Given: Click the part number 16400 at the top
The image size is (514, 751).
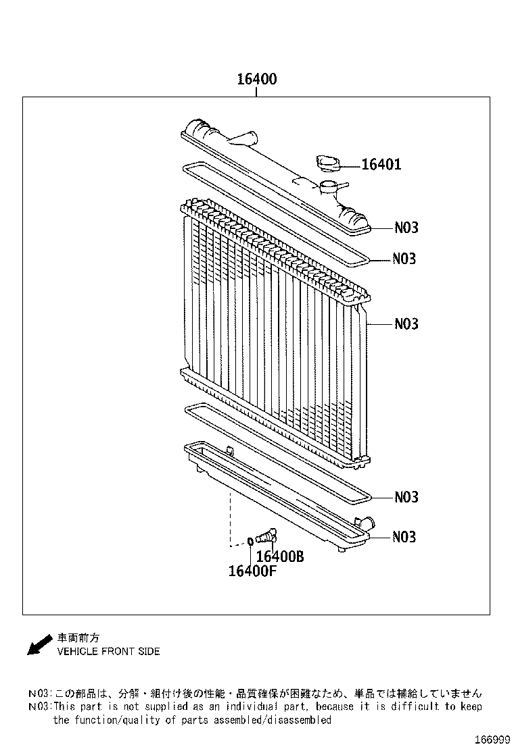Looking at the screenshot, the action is pos(257,79).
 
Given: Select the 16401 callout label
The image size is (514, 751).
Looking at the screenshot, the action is pos(381,164).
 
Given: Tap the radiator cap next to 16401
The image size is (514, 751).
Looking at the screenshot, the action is pos(329,162).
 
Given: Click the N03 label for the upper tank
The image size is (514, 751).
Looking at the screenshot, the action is pos(406,227).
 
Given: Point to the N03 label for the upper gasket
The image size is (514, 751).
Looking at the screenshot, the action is pos(404,259).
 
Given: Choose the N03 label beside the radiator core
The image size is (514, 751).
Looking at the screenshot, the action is pos(406,323).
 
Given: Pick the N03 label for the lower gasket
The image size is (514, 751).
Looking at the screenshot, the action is pos(406,497).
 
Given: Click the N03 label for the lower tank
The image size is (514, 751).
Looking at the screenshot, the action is pos(404,537).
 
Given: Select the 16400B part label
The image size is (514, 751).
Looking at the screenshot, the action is pos(280,556).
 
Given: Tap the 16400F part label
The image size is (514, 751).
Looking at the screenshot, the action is pos(253,571).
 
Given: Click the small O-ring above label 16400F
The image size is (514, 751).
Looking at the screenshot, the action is pos(250,542).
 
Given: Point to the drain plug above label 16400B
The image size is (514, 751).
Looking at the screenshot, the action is pos(266,536).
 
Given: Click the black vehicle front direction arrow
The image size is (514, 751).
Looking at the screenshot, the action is pos(39,644).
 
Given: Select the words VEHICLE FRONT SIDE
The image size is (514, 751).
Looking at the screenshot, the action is pos(108,651).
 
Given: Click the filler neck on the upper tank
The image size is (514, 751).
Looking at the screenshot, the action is pos(329,187).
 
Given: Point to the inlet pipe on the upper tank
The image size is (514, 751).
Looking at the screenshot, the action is pos(243,138).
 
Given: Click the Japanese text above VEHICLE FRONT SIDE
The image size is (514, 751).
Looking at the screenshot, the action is pos(78,638).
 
